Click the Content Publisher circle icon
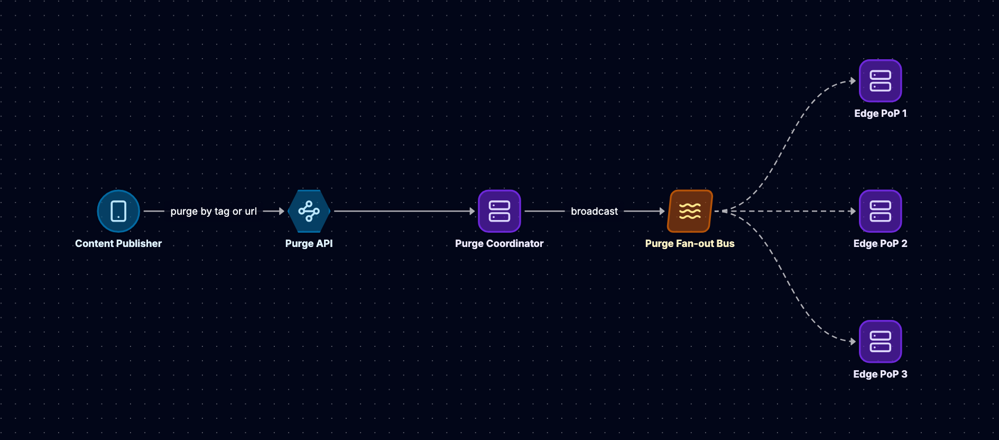tap(118, 211)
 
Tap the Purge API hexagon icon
tap(309, 211)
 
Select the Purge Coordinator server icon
tap(499, 211)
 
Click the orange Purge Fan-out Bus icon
tap(690, 211)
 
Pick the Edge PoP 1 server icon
tap(881, 81)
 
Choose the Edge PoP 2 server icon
tap(881, 211)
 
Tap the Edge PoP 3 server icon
tap(881, 342)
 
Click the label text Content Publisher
tap(118, 243)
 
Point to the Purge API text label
tap(309, 244)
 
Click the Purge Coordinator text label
tap(499, 244)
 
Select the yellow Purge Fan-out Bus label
tap(690, 244)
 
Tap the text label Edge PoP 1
tap(881, 114)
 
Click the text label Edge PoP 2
tap(881, 244)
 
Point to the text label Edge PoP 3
tap(881, 374)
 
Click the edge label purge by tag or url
tap(214, 212)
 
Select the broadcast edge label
tap(594, 212)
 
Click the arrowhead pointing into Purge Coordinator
tap(472, 211)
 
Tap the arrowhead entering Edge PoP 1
tap(853, 81)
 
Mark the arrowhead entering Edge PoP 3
tap(853, 342)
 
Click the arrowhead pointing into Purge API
tap(282, 211)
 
